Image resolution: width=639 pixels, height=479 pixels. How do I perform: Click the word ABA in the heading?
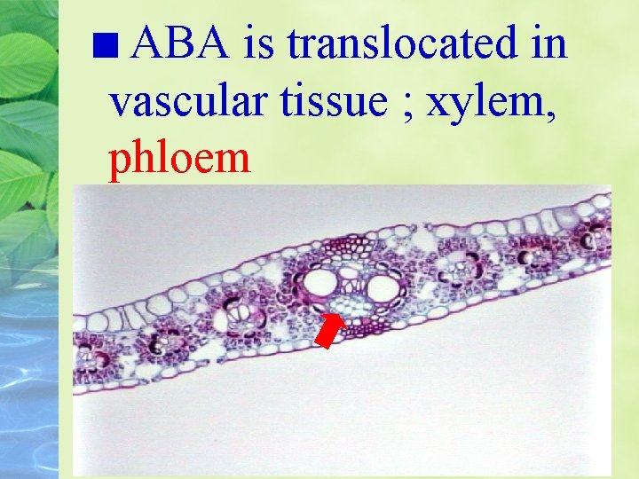coord(174,43)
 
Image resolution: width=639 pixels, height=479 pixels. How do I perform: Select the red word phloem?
coord(179,161)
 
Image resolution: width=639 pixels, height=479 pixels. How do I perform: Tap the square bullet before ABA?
coord(114,45)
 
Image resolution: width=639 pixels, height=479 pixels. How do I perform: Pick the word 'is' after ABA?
coord(257,43)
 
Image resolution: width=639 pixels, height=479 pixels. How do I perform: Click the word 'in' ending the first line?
coord(549,43)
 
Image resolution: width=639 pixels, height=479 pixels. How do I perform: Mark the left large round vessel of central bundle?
coord(318,284)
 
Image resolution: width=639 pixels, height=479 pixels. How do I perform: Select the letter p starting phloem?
coord(118,162)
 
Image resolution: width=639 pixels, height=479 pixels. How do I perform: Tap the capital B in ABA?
coord(174,43)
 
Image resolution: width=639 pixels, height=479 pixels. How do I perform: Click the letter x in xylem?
coord(438,105)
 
